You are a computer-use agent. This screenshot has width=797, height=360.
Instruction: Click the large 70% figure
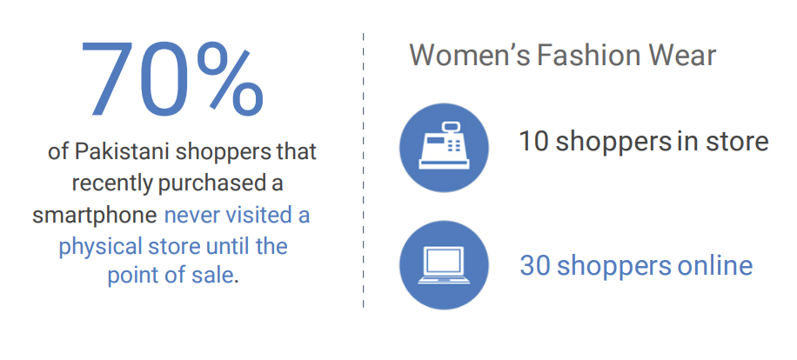point(171,79)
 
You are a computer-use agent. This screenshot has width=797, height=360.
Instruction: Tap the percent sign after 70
point(230,79)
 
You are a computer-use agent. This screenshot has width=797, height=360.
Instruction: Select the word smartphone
point(95,216)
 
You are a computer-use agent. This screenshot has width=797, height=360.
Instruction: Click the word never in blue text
point(191,216)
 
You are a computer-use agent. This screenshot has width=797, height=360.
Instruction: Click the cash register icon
point(445,147)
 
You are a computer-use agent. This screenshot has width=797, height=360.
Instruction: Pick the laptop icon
point(445,265)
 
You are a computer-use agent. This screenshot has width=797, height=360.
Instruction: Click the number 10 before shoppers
point(533,142)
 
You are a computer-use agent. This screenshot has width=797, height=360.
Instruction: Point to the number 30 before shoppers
point(535,265)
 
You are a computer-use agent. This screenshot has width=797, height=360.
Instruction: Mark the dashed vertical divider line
point(364,170)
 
